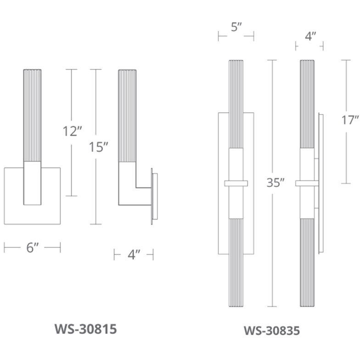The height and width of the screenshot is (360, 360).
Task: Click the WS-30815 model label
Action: tap(85, 329)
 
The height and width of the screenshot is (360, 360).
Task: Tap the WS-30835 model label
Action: tap(271, 331)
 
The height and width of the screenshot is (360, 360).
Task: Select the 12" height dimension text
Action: tap(72, 132)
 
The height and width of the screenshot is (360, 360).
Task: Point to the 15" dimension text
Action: tap(99, 147)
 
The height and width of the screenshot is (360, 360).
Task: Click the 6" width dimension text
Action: tap(32, 248)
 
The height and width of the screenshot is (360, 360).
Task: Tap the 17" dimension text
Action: tap(350, 120)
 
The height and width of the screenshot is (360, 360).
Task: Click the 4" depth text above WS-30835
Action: tap(309, 37)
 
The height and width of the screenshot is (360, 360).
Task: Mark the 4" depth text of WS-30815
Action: tap(134, 254)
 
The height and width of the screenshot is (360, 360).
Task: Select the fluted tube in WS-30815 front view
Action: tap(32, 115)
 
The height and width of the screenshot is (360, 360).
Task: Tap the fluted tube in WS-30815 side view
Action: tap(128, 115)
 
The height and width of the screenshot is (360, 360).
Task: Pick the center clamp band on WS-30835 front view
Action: tap(236, 184)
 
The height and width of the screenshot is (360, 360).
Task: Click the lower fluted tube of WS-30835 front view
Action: tap(236, 262)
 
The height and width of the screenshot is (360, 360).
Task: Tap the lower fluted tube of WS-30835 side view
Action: tap(307, 262)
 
